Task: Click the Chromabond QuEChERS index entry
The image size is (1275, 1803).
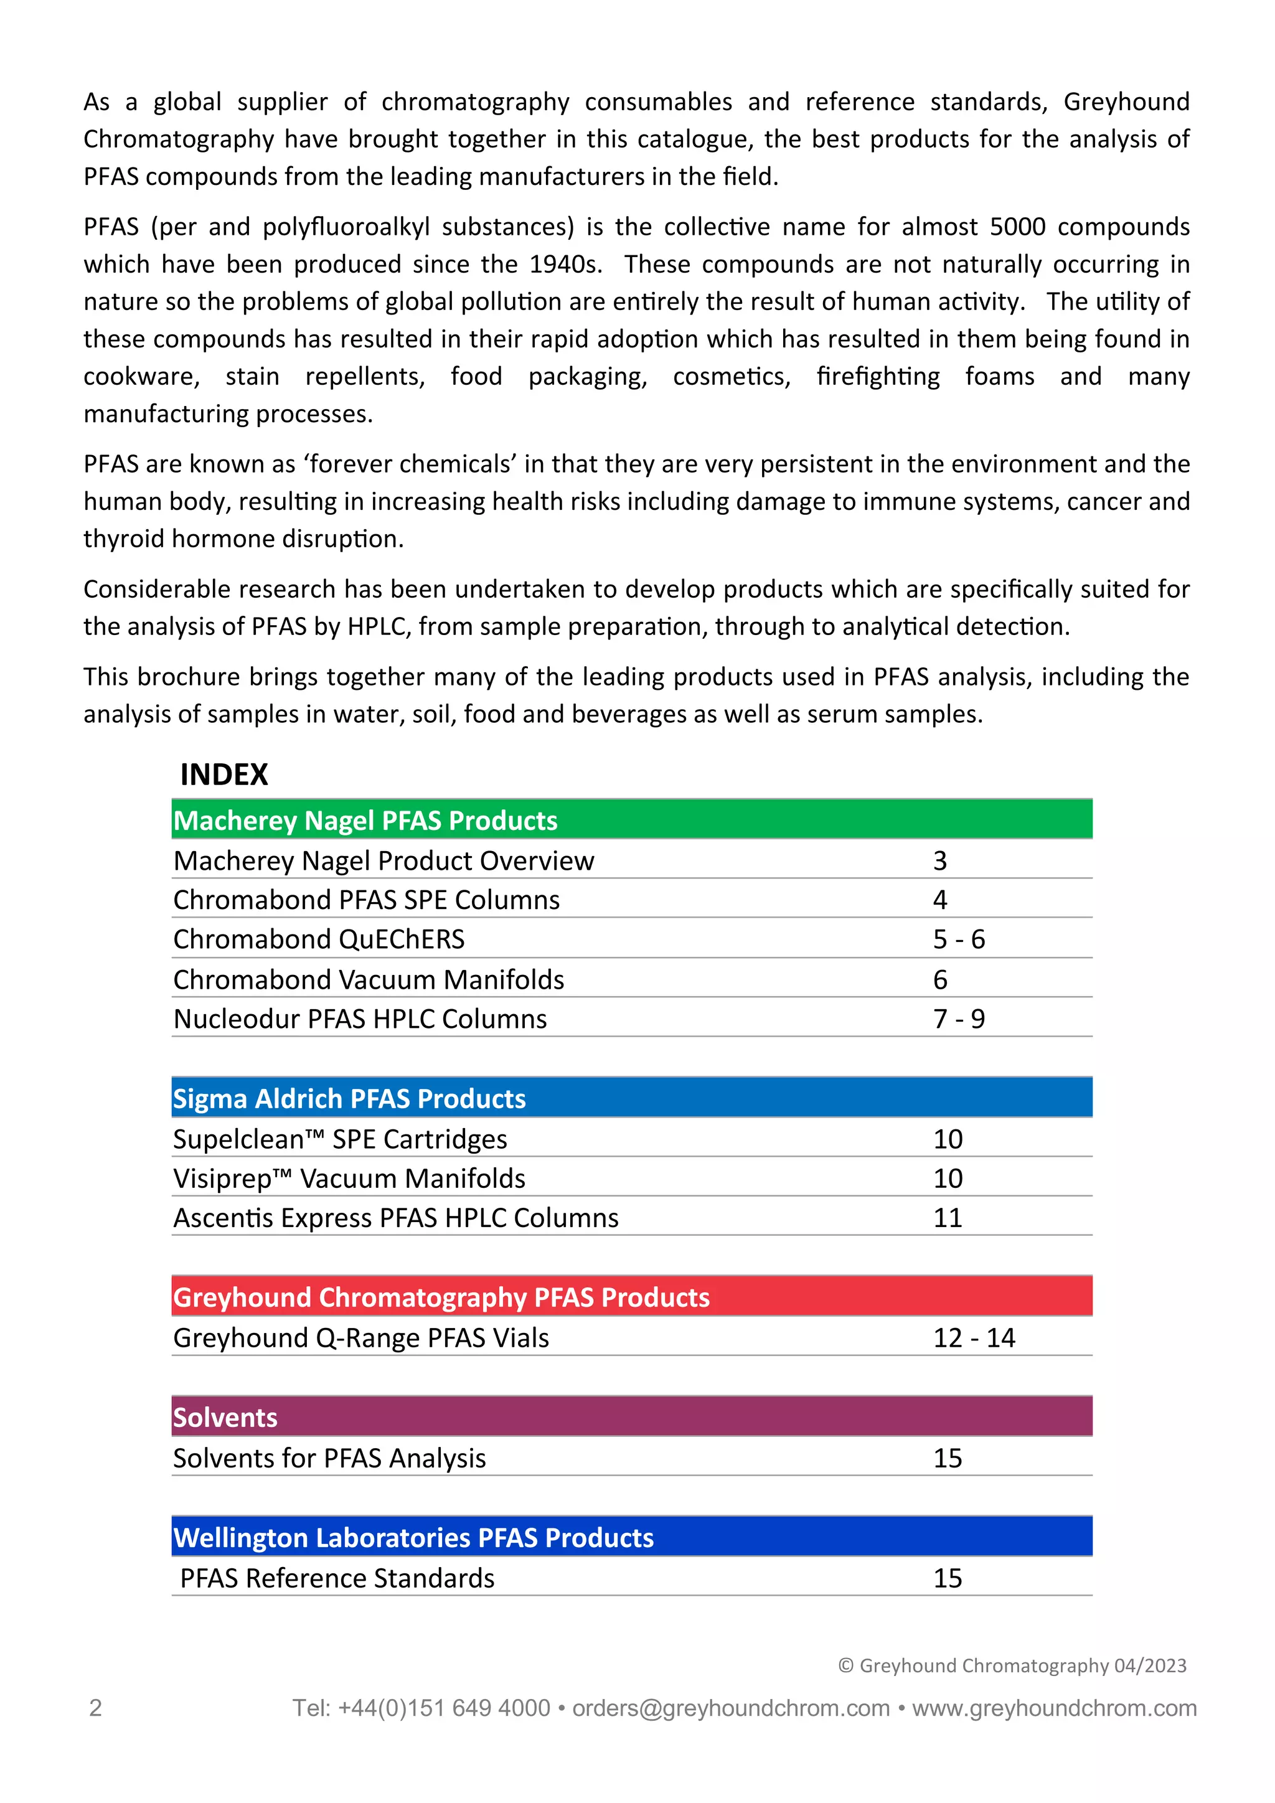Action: pos(319,939)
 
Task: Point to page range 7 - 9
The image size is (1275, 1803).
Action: pos(959,1019)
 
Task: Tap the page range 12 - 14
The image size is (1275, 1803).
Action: pos(974,1337)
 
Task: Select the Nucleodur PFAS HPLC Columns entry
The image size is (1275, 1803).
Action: pos(360,1019)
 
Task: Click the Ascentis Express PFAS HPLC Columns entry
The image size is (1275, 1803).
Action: pos(396,1217)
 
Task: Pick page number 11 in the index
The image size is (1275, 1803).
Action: pos(948,1217)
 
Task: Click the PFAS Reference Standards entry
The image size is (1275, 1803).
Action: pos(337,1578)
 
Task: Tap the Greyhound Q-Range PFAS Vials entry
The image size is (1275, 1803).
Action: pos(361,1337)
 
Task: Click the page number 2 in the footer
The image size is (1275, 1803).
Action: pos(96,1708)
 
